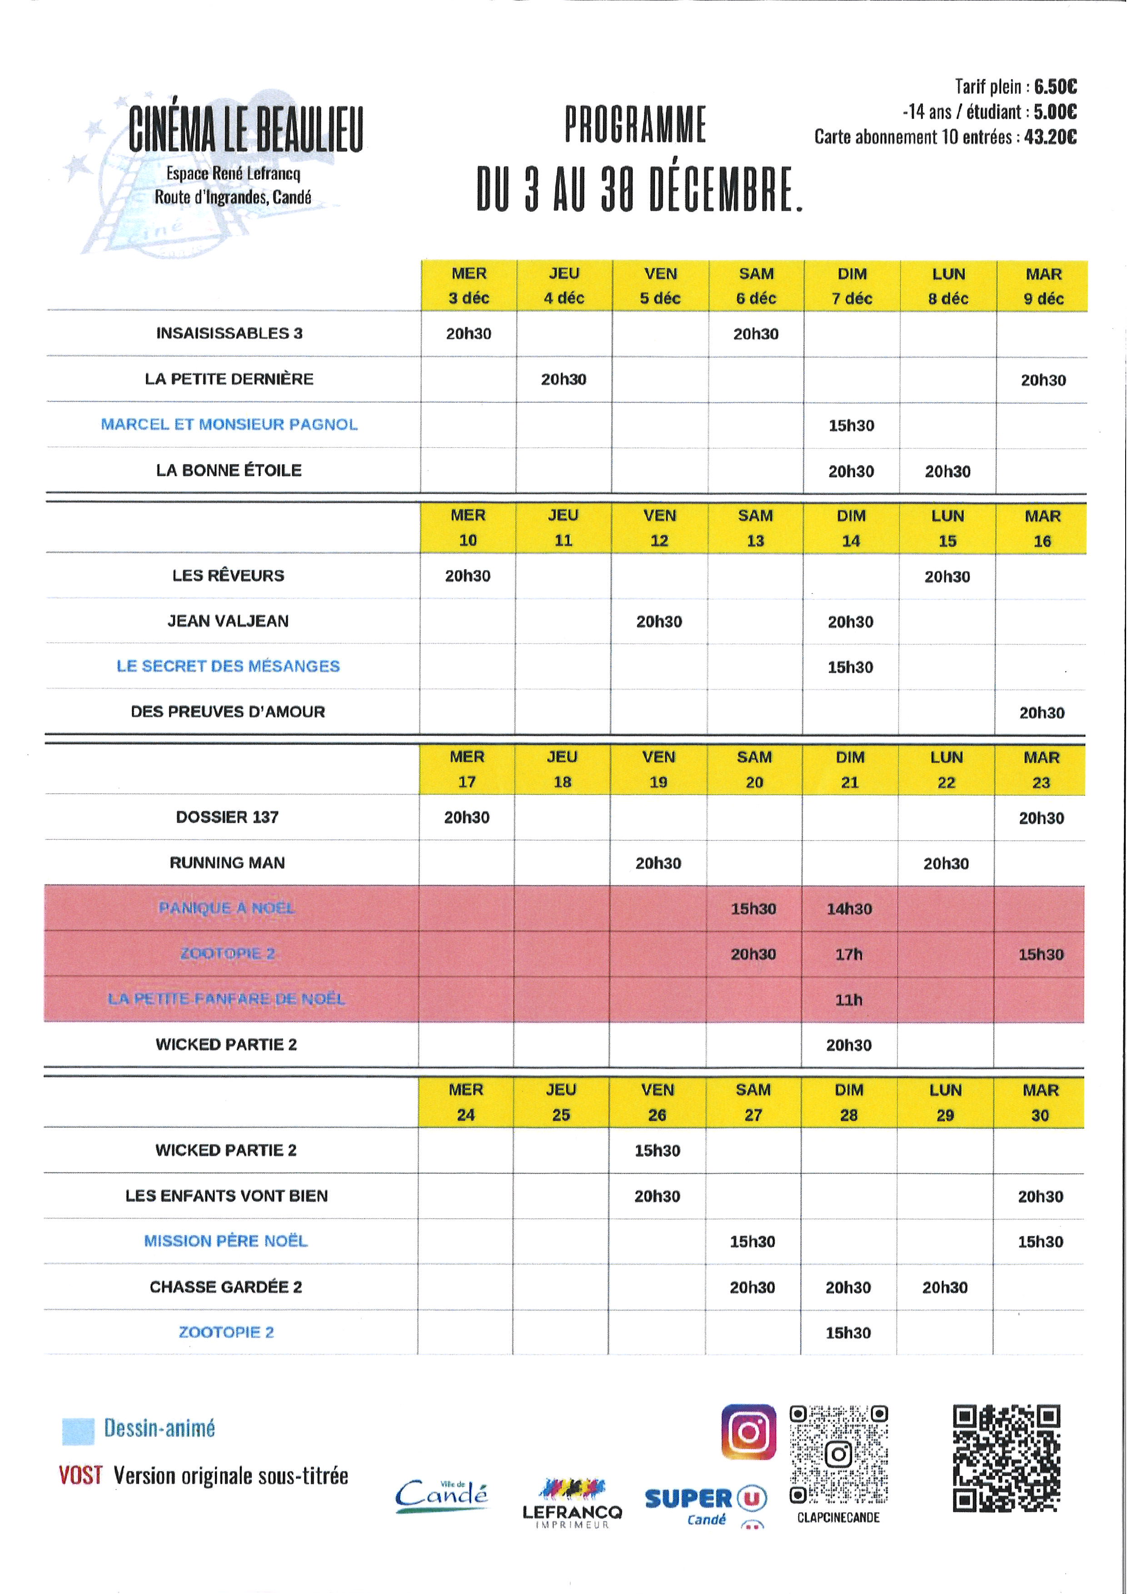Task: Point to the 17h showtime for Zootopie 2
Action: pos(849,954)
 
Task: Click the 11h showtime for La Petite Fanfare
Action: pos(849,1000)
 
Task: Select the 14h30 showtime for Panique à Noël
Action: pos(849,909)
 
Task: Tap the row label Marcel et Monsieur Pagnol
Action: pos(229,424)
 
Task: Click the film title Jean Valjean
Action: pos(228,621)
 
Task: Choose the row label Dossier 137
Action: pos(228,817)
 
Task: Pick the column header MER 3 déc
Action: pos(469,286)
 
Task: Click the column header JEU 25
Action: pos(561,1103)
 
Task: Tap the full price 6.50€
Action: pos(1055,87)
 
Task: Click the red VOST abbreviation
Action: pos(80,1475)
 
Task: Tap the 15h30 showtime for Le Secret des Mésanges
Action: pos(850,667)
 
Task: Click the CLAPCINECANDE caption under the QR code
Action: pos(838,1518)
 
